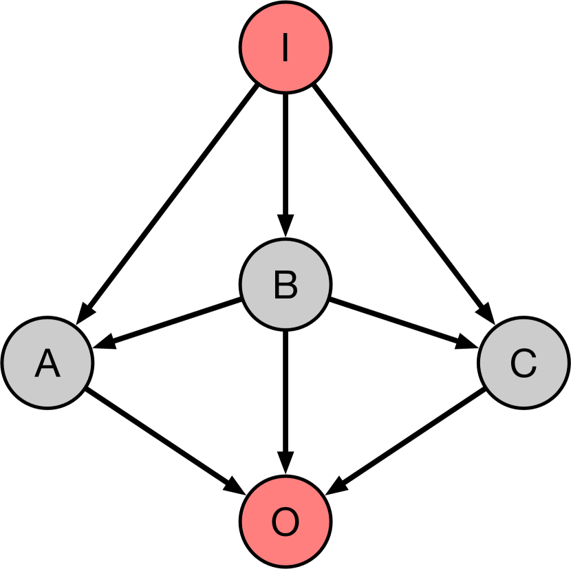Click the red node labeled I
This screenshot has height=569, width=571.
(x=285, y=47)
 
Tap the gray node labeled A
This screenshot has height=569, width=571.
(x=47, y=362)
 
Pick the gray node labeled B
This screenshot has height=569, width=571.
(x=285, y=284)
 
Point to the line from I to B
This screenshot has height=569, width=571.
(x=285, y=158)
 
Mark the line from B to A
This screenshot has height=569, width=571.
(x=172, y=321)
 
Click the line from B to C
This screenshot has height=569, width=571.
(x=396, y=321)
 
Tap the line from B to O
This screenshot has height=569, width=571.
(x=285, y=392)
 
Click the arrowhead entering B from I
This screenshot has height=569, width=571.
(x=285, y=226)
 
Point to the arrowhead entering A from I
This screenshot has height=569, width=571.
(x=84, y=313)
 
